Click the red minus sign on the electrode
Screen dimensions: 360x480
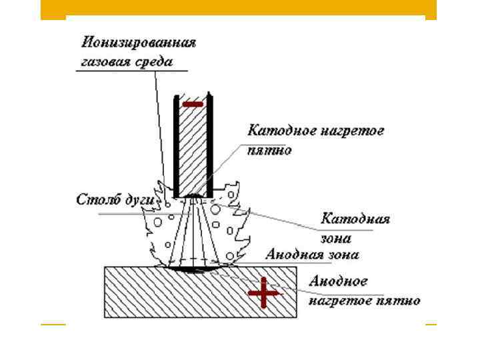click(x=194, y=104)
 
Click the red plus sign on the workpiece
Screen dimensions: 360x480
click(x=263, y=293)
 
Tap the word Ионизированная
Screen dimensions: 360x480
click(x=139, y=43)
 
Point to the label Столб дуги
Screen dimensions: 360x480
click(x=116, y=200)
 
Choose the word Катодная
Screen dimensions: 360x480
click(x=355, y=219)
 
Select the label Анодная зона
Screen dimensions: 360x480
click(x=312, y=255)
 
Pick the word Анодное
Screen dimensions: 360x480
click(x=338, y=281)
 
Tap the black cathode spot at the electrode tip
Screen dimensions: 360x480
click(x=194, y=195)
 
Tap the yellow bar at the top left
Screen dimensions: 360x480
click(x=53, y=9)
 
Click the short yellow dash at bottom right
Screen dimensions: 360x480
click(x=431, y=325)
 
